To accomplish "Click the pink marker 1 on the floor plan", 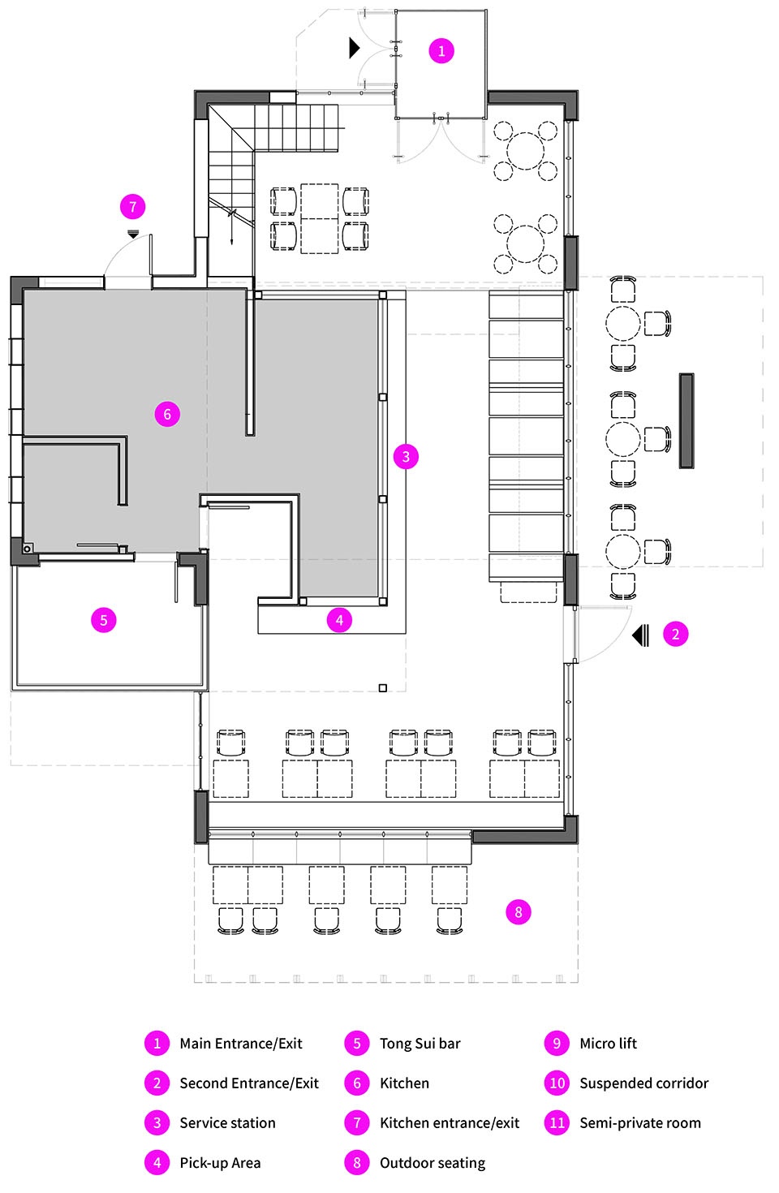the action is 441,51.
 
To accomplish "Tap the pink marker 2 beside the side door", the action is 675,634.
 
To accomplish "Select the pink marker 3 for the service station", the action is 406,456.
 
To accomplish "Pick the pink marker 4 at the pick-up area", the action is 339,620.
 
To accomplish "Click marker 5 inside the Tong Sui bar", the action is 103,620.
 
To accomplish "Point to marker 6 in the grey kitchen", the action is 167,414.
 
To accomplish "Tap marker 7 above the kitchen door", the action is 132,207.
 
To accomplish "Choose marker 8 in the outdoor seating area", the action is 518,912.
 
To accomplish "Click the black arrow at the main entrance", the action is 354,48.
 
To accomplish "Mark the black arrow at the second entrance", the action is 640,635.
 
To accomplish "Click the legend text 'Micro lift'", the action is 608,1044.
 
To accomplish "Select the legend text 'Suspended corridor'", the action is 643,1083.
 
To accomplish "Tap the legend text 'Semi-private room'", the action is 640,1123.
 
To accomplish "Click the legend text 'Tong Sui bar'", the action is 420,1044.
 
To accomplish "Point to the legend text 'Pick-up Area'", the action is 220,1163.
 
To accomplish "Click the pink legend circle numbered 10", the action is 557,1083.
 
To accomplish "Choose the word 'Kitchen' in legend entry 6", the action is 404,1083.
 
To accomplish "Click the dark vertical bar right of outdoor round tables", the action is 686,420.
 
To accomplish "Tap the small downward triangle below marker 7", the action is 133,234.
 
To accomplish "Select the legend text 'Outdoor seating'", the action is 433,1163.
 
